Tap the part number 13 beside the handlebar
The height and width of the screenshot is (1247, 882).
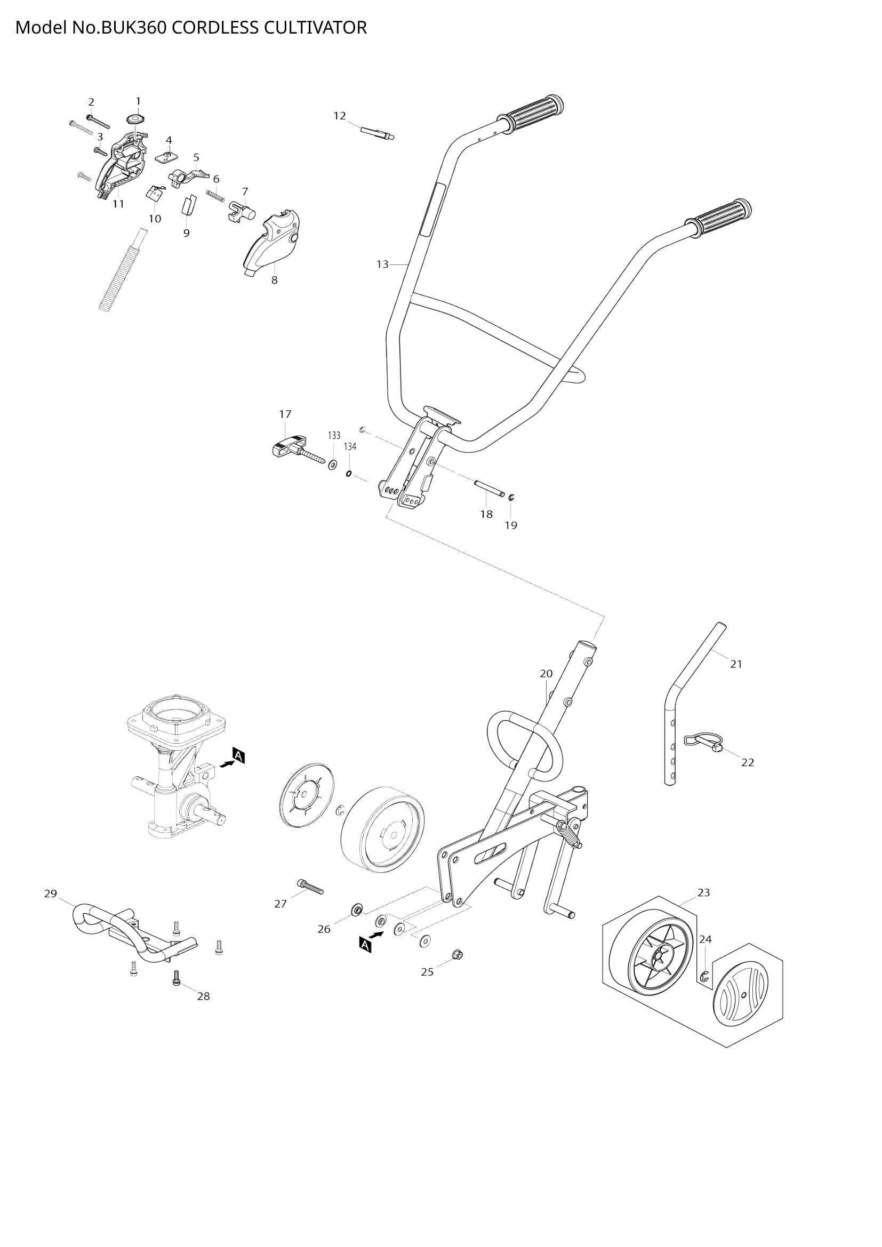pos(382,264)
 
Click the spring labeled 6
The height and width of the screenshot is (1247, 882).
pos(215,195)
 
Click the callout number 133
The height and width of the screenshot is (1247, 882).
pos(333,436)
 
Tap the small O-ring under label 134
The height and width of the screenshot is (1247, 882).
pos(349,473)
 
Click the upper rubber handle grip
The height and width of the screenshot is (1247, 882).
pos(535,112)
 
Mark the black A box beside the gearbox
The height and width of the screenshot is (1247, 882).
pos(239,755)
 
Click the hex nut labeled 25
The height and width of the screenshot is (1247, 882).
pos(457,954)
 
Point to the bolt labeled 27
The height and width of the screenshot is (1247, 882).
pos(310,887)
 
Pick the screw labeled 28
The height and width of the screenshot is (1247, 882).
pos(175,978)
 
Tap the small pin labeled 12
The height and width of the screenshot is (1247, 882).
pos(377,133)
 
